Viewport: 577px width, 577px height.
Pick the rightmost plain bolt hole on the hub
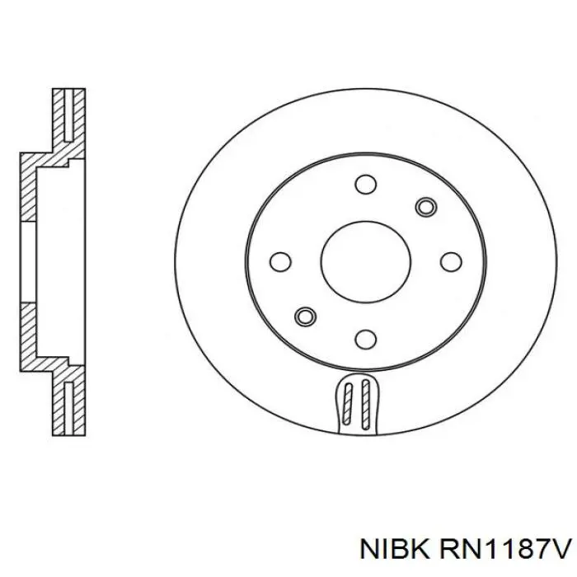[449, 261]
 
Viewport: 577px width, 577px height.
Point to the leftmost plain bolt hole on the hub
[281, 261]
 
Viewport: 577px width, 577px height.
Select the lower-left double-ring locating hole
[304, 316]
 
